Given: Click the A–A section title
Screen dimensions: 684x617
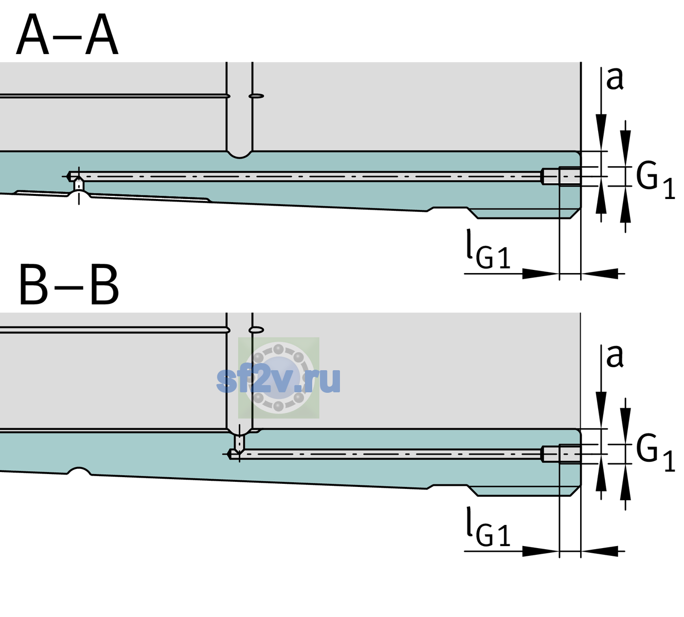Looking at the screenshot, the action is [67, 35].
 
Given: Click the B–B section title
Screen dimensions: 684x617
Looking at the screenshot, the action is [69, 285].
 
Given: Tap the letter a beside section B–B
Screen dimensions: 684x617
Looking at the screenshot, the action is [615, 357].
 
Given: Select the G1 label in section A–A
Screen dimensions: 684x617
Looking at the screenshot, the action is [655, 183].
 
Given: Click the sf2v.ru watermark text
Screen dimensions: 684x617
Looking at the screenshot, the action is [279, 379].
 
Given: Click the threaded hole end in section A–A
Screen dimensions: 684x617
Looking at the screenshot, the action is [561, 176].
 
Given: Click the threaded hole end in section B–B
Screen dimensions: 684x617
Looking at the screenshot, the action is [561, 454].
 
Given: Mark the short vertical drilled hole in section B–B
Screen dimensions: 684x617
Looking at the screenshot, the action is [240, 441].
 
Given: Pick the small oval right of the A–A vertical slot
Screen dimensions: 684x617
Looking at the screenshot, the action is [256, 96].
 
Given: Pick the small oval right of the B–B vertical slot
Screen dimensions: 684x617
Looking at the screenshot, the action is [256, 330].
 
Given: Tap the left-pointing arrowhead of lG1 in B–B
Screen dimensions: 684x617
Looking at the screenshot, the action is [600, 551].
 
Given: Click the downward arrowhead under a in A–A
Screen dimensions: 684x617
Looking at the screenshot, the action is [601, 133].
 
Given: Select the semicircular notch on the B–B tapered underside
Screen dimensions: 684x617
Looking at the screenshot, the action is [79, 471].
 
